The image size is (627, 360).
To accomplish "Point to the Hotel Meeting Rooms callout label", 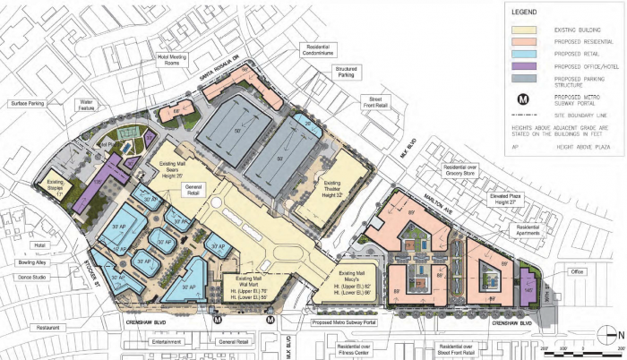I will tap(175, 59).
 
